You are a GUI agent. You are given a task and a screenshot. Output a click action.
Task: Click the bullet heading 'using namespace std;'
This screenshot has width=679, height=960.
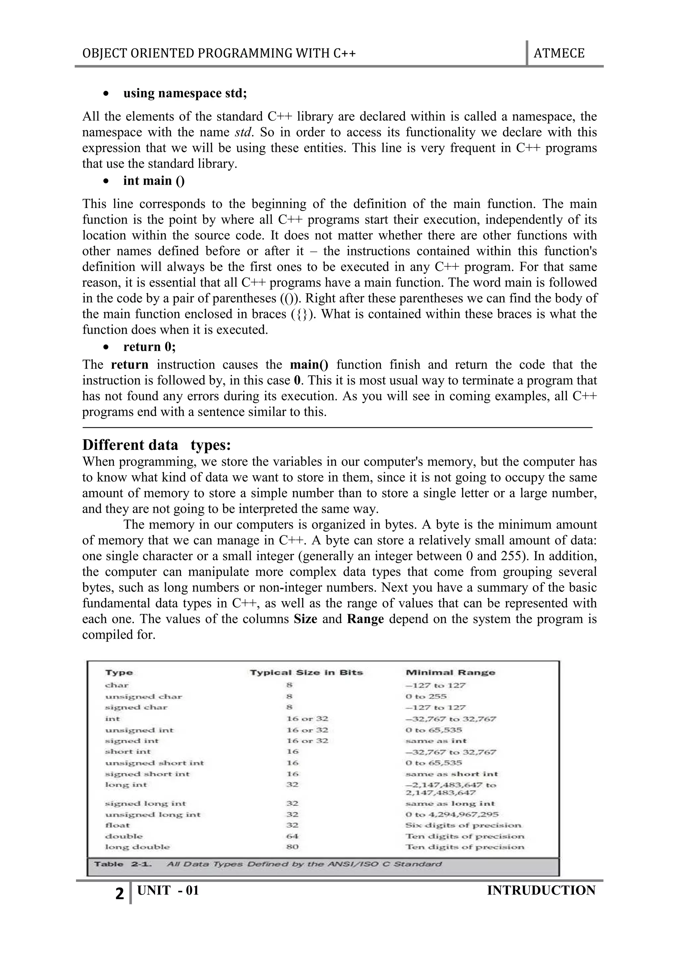click(185, 93)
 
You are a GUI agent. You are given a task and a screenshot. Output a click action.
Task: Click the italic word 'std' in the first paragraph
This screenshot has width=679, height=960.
click(243, 133)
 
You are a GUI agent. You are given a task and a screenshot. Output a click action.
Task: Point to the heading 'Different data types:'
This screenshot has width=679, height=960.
click(156, 445)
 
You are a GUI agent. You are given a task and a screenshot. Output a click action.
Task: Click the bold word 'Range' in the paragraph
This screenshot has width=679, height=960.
click(365, 619)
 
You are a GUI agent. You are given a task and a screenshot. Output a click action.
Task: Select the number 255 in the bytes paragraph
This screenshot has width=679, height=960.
click(513, 556)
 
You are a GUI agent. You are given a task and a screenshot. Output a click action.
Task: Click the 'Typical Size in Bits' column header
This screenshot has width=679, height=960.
click(306, 673)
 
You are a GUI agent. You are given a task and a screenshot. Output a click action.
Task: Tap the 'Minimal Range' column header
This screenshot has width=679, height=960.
click(450, 673)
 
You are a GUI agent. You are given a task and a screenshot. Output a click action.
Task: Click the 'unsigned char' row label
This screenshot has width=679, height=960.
click(144, 697)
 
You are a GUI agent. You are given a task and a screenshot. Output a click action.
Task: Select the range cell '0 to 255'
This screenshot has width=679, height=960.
click(426, 697)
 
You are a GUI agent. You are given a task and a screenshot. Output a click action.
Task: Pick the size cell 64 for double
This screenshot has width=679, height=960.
click(292, 836)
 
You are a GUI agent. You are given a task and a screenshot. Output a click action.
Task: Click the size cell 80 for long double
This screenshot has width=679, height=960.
click(292, 847)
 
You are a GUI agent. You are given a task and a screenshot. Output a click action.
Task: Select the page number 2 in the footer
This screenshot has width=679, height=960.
click(120, 894)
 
